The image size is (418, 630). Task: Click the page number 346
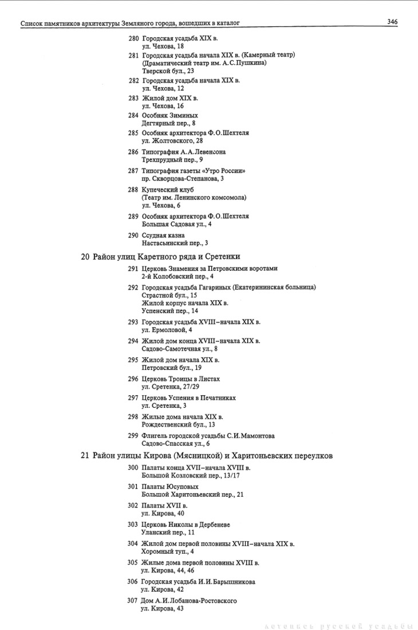[x=392, y=22]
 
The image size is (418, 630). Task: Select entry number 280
[x=133, y=38]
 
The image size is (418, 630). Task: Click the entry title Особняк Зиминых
[x=169, y=115]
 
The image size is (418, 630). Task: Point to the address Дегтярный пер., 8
[x=168, y=123]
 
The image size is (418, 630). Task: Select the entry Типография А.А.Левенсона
[x=184, y=152]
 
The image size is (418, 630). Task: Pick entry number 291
[x=133, y=269]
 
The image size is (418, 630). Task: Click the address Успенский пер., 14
[x=169, y=310]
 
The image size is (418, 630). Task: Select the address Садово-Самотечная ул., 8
[x=179, y=348]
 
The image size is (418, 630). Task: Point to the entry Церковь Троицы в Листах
[x=181, y=379]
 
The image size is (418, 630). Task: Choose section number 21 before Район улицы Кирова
[x=85, y=456]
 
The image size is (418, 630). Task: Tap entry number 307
[x=133, y=600]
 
